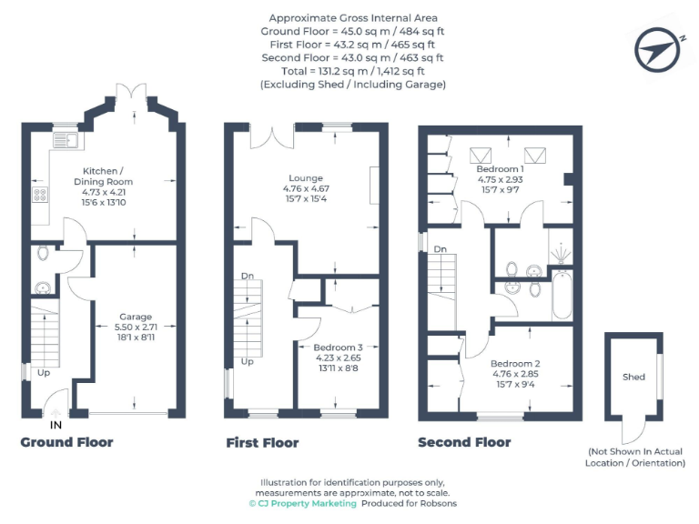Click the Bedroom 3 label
338,348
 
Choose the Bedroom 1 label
500,169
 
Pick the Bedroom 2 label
491,364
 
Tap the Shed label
633,377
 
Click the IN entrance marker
56,425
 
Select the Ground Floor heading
66,442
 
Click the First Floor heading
262,443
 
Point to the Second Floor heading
464,443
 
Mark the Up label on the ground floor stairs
43,373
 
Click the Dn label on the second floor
440,248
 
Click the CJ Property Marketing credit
302,503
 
